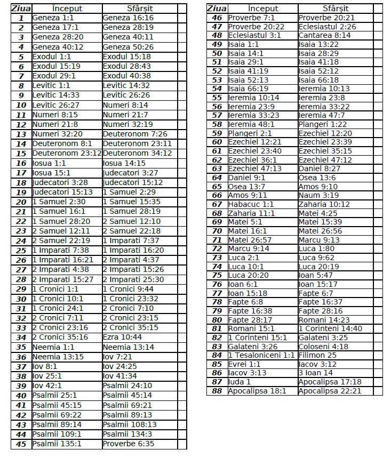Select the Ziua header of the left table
(x=21, y=9)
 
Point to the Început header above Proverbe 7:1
(x=263, y=9)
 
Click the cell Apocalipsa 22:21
(x=330, y=391)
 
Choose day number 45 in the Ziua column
(x=21, y=444)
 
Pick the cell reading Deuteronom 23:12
(x=67, y=154)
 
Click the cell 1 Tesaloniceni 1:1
(x=261, y=355)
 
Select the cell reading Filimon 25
(x=317, y=355)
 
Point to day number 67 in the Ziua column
(x=217, y=204)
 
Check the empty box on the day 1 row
(x=182, y=18)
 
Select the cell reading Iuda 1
(x=239, y=382)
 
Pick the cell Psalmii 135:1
(x=57, y=444)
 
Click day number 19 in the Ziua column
(x=21, y=192)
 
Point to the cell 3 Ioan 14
(x=316, y=373)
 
